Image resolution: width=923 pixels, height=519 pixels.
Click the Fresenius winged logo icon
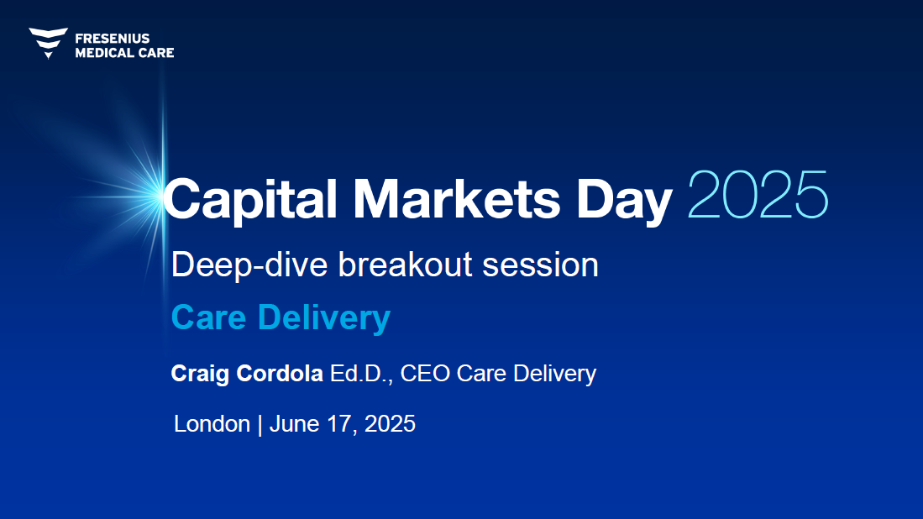coord(48,43)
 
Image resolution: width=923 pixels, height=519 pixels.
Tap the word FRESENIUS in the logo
coord(113,39)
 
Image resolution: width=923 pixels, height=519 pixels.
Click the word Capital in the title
coord(249,199)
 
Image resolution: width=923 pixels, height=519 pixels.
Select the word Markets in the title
coord(457,199)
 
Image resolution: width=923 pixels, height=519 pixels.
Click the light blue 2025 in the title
coord(758,195)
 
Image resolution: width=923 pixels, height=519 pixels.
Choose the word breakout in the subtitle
coord(405,265)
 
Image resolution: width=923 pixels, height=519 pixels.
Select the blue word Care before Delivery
coord(208,317)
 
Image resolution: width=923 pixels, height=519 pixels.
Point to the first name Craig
coord(200,374)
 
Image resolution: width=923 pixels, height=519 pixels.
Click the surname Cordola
coord(280,373)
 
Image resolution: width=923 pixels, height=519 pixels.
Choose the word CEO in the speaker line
coord(425,374)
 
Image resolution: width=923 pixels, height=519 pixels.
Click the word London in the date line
coord(212,423)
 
